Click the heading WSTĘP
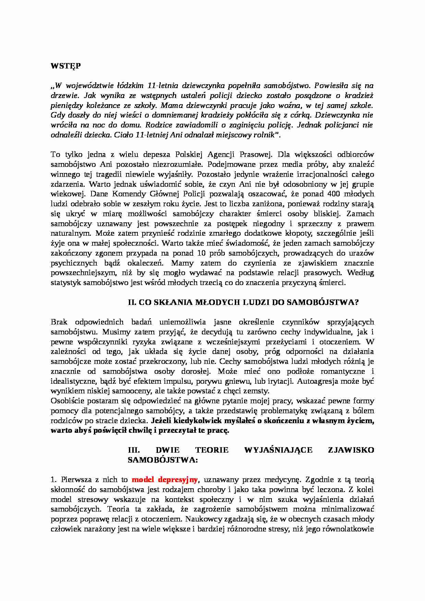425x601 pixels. click(65, 66)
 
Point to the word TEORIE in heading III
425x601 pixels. click(211, 450)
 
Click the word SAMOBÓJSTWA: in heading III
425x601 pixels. click(163, 460)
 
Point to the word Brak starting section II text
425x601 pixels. click(59, 322)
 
